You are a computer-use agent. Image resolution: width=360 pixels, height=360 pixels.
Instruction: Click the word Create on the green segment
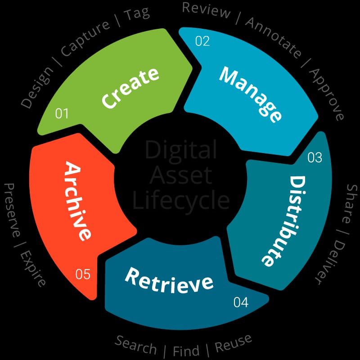point(130,88)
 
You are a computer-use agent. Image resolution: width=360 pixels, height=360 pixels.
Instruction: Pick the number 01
point(62,113)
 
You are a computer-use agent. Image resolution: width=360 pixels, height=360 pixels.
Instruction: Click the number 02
point(202,41)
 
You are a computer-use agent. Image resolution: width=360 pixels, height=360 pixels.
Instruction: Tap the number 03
point(315,157)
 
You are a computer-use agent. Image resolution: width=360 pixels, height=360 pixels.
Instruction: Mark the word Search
point(135,346)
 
